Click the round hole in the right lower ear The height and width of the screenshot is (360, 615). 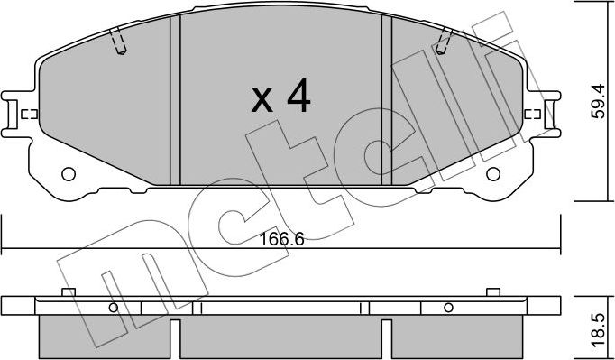(x=491, y=175)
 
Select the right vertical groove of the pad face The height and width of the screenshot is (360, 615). (x=387, y=99)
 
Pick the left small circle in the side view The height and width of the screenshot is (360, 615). (x=113, y=309)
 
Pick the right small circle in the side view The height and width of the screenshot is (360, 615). (x=447, y=309)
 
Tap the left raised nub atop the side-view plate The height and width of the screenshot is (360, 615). (x=67, y=291)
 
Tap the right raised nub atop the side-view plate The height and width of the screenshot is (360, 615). (x=492, y=291)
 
